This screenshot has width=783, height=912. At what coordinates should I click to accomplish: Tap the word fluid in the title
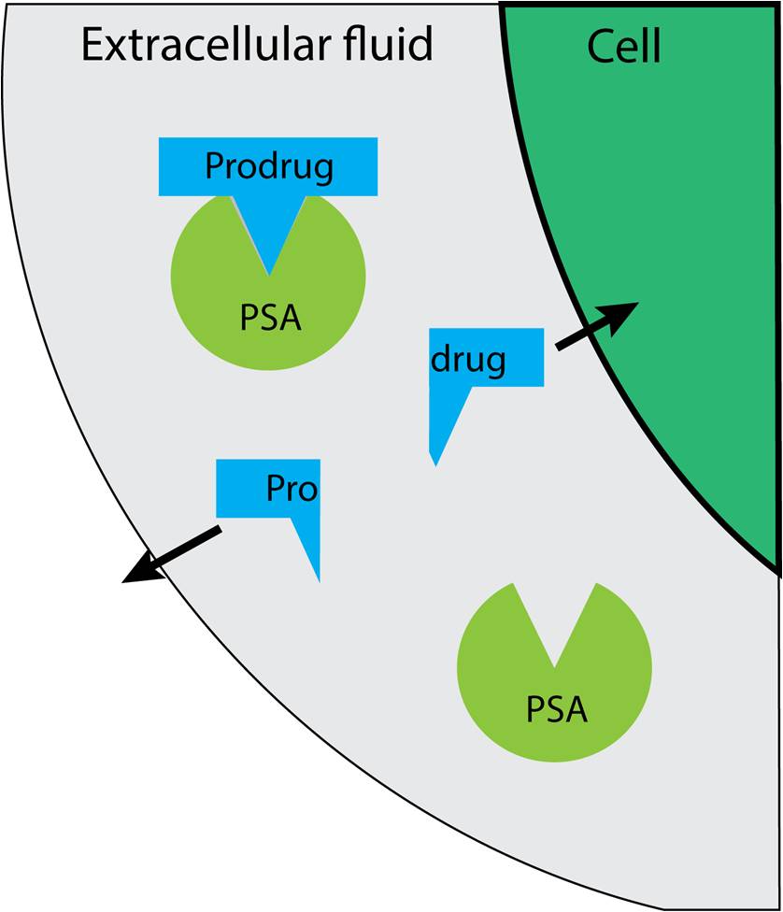tap(387, 44)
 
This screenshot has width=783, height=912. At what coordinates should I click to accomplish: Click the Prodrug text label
tap(268, 166)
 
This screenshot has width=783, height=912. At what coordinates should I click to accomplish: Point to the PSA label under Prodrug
tap(270, 318)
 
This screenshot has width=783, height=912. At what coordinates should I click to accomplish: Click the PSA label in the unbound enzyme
tap(557, 709)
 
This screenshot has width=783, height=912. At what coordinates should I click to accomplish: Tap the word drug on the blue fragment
tap(468, 358)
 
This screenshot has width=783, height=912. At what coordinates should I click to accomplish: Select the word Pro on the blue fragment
tap(292, 488)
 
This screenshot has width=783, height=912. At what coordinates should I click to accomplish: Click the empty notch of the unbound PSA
tap(554, 621)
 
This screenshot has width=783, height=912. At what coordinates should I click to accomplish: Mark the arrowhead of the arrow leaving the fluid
tap(131, 577)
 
